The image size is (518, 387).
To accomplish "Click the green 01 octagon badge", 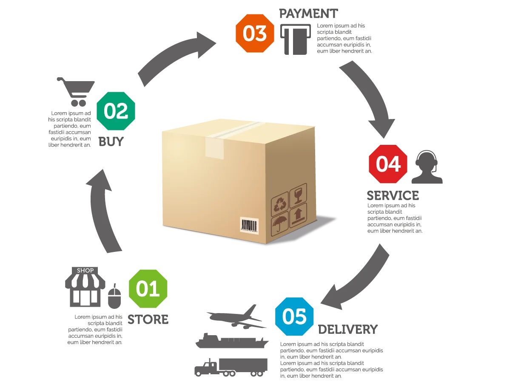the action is point(148,288).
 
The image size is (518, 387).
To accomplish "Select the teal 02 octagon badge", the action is point(116,111).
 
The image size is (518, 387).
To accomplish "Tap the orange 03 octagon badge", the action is point(255,33).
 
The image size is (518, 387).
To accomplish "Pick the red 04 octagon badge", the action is point(388,164).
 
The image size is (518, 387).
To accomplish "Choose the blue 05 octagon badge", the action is point(294,316).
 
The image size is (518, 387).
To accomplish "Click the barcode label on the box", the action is point(249,226).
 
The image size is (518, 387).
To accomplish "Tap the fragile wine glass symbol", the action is point(299,194).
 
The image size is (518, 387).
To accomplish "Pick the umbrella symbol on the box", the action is point(280,224).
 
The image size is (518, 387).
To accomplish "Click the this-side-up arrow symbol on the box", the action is point(298,214).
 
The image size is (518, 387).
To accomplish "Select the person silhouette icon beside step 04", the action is point(428,168).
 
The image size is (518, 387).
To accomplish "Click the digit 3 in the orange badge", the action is point(261,33).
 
